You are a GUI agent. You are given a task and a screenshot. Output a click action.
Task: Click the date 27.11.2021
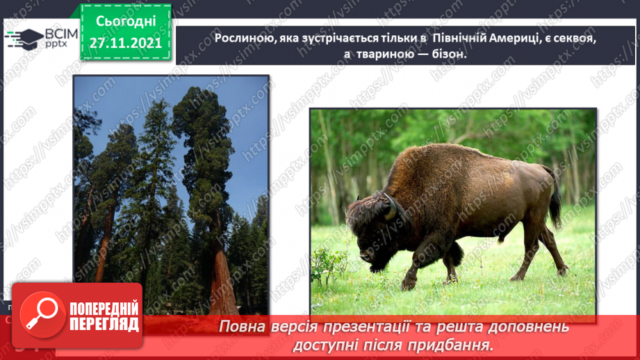[126, 43]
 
